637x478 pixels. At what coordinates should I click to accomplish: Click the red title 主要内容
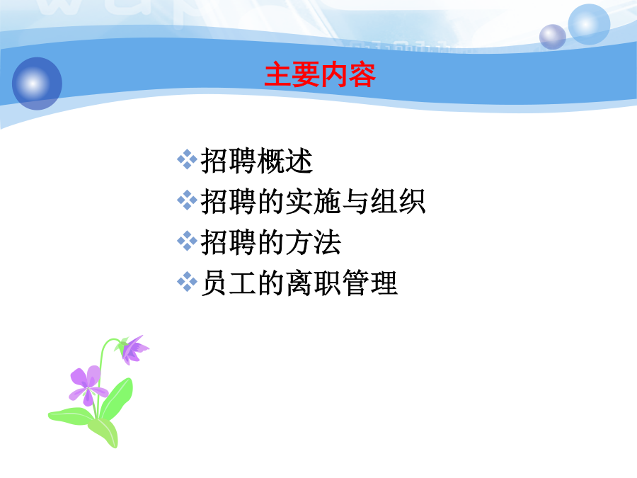coord(320,75)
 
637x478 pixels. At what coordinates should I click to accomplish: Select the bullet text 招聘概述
coord(257,161)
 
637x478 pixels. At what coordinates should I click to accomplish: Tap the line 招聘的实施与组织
coord(314,201)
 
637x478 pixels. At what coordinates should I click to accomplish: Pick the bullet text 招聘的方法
coord(271,242)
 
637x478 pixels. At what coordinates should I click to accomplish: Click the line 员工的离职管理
coord(299,283)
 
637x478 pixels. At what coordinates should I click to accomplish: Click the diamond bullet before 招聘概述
coord(188,159)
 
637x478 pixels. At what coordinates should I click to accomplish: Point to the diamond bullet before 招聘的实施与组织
coord(188,200)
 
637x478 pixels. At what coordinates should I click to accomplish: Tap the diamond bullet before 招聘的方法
coord(188,241)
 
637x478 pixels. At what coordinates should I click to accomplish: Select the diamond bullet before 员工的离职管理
coord(188,282)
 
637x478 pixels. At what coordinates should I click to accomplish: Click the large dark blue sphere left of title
coord(37,84)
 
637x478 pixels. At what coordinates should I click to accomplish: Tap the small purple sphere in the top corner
coord(553,37)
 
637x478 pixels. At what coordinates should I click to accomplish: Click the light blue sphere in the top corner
coord(589,24)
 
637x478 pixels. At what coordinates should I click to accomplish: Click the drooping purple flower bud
coord(133,350)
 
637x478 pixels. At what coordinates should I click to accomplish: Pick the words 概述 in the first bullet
coord(285,161)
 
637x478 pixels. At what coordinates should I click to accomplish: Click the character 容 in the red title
coord(362,75)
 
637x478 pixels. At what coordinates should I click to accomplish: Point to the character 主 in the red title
coord(278,75)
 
